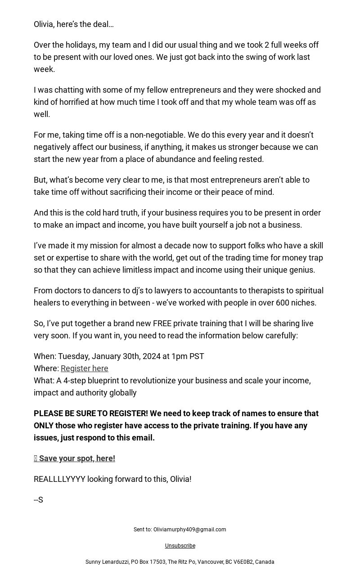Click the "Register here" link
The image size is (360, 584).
point(84,368)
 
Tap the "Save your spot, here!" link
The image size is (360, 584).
point(76,458)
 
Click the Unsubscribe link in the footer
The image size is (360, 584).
point(180,546)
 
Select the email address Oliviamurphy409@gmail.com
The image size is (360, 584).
point(189,530)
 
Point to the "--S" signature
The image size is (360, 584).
point(38,500)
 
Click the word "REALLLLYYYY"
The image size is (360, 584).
point(59,479)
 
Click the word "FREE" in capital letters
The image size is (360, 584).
point(162,323)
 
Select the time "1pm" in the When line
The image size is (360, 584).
point(179,356)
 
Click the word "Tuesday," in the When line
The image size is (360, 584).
point(73,356)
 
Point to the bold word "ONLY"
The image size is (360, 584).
point(43,426)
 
